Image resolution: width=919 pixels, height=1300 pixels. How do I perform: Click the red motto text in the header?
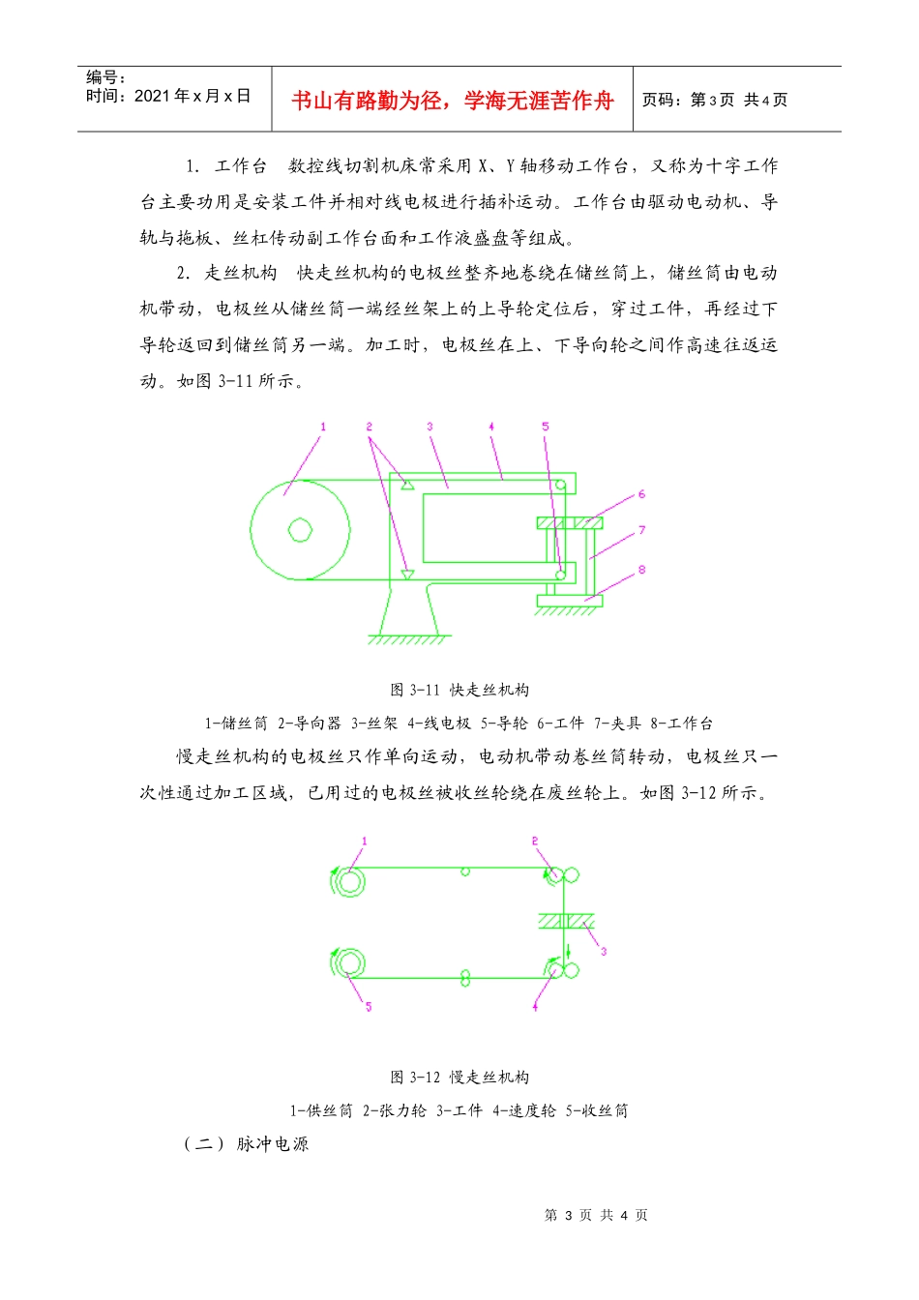(x=453, y=101)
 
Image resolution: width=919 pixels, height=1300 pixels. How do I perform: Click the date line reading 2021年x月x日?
(x=168, y=96)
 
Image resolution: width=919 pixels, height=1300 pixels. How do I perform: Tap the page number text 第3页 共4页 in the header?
(x=715, y=101)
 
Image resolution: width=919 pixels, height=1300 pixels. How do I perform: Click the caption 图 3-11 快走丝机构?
(x=459, y=690)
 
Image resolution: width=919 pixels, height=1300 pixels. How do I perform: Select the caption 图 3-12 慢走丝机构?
(x=459, y=1077)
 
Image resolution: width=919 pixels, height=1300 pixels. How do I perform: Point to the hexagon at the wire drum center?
(x=300, y=530)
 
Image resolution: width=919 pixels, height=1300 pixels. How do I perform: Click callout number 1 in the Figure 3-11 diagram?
(x=323, y=427)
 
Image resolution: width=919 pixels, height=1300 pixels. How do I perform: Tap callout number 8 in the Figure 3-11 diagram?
(x=641, y=570)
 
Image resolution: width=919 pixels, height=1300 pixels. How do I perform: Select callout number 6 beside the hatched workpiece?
(x=641, y=494)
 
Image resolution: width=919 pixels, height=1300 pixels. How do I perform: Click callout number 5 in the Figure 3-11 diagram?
(x=545, y=427)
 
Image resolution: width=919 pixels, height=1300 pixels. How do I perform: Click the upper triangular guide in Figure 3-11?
(x=408, y=484)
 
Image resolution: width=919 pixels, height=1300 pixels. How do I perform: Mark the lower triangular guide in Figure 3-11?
(x=407, y=575)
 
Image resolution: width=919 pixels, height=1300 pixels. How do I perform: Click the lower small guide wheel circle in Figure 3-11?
(x=561, y=576)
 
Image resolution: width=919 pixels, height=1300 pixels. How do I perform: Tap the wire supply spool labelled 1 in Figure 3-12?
(x=348, y=881)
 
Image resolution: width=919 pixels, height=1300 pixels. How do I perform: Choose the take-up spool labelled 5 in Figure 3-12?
(x=348, y=963)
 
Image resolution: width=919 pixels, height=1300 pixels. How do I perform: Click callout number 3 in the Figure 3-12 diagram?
(x=604, y=952)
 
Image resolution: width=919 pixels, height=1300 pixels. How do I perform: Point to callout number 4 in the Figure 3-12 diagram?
(x=535, y=1007)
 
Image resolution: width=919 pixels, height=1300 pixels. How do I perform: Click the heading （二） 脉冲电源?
(x=247, y=1144)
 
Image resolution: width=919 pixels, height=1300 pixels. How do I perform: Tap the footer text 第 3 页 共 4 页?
(x=596, y=1215)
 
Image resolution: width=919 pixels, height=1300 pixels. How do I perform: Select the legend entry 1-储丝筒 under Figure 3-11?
(x=236, y=724)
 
